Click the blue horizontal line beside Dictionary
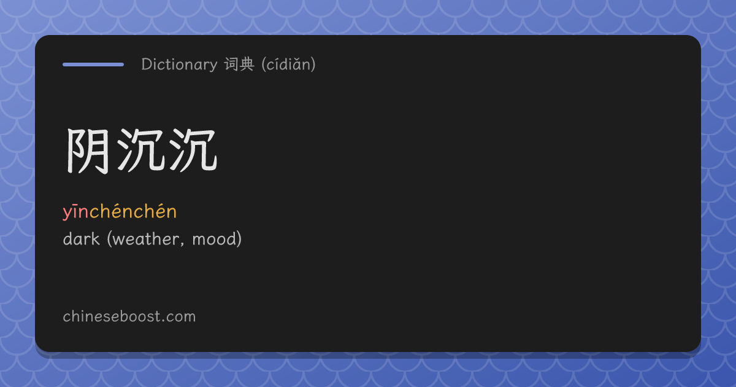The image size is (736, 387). point(93,64)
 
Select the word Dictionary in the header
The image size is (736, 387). point(179,64)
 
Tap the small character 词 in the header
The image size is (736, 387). point(231,64)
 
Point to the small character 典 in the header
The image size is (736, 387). point(247,64)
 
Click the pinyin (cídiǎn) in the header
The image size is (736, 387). point(288,64)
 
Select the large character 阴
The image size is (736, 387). point(88,150)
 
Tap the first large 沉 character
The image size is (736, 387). point(141,150)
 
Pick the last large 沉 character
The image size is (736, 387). point(193,150)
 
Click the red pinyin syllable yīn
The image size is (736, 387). point(76,211)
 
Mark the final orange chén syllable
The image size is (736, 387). point(155,211)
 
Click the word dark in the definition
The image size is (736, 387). point(81,238)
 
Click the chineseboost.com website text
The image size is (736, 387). point(129,316)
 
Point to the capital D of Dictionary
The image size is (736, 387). point(147,64)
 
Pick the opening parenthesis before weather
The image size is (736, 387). point(109,239)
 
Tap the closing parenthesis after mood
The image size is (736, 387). point(239,239)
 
